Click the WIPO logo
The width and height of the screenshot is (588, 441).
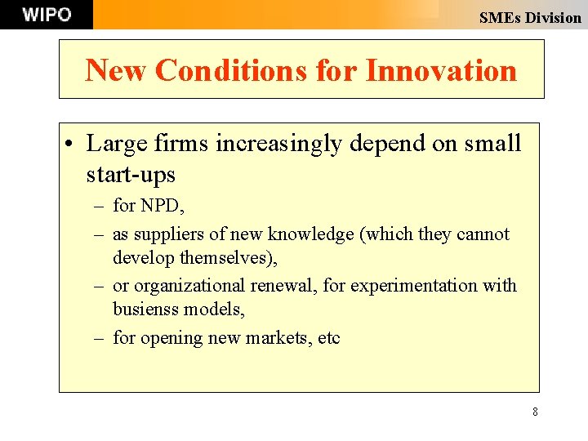click(47, 15)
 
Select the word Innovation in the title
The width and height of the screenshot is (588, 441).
click(441, 70)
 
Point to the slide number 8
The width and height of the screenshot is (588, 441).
click(535, 412)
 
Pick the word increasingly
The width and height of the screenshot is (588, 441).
click(278, 144)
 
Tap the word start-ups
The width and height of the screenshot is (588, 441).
click(131, 174)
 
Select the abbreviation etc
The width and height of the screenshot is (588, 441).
click(329, 337)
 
